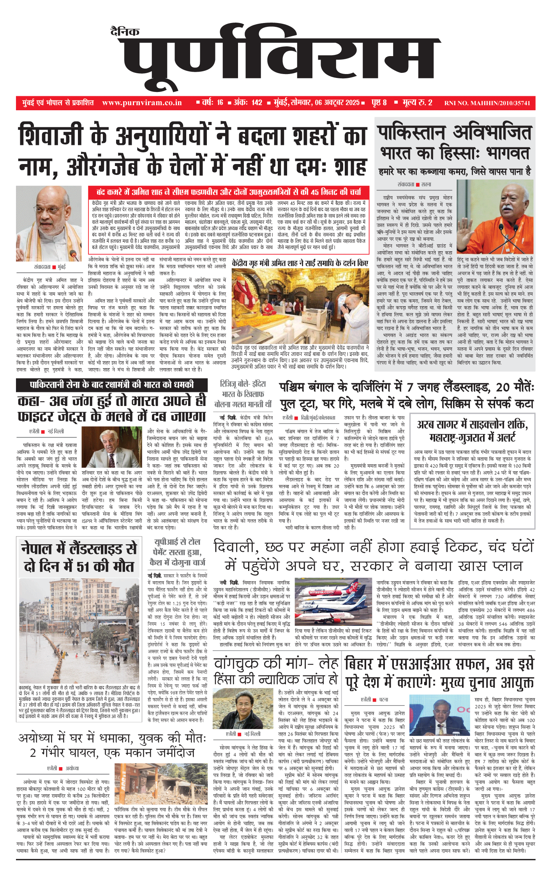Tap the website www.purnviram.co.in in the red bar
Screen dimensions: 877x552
click(142, 103)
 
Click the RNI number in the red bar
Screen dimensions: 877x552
click(487, 103)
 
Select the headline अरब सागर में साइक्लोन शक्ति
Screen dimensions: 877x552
click(472, 424)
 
